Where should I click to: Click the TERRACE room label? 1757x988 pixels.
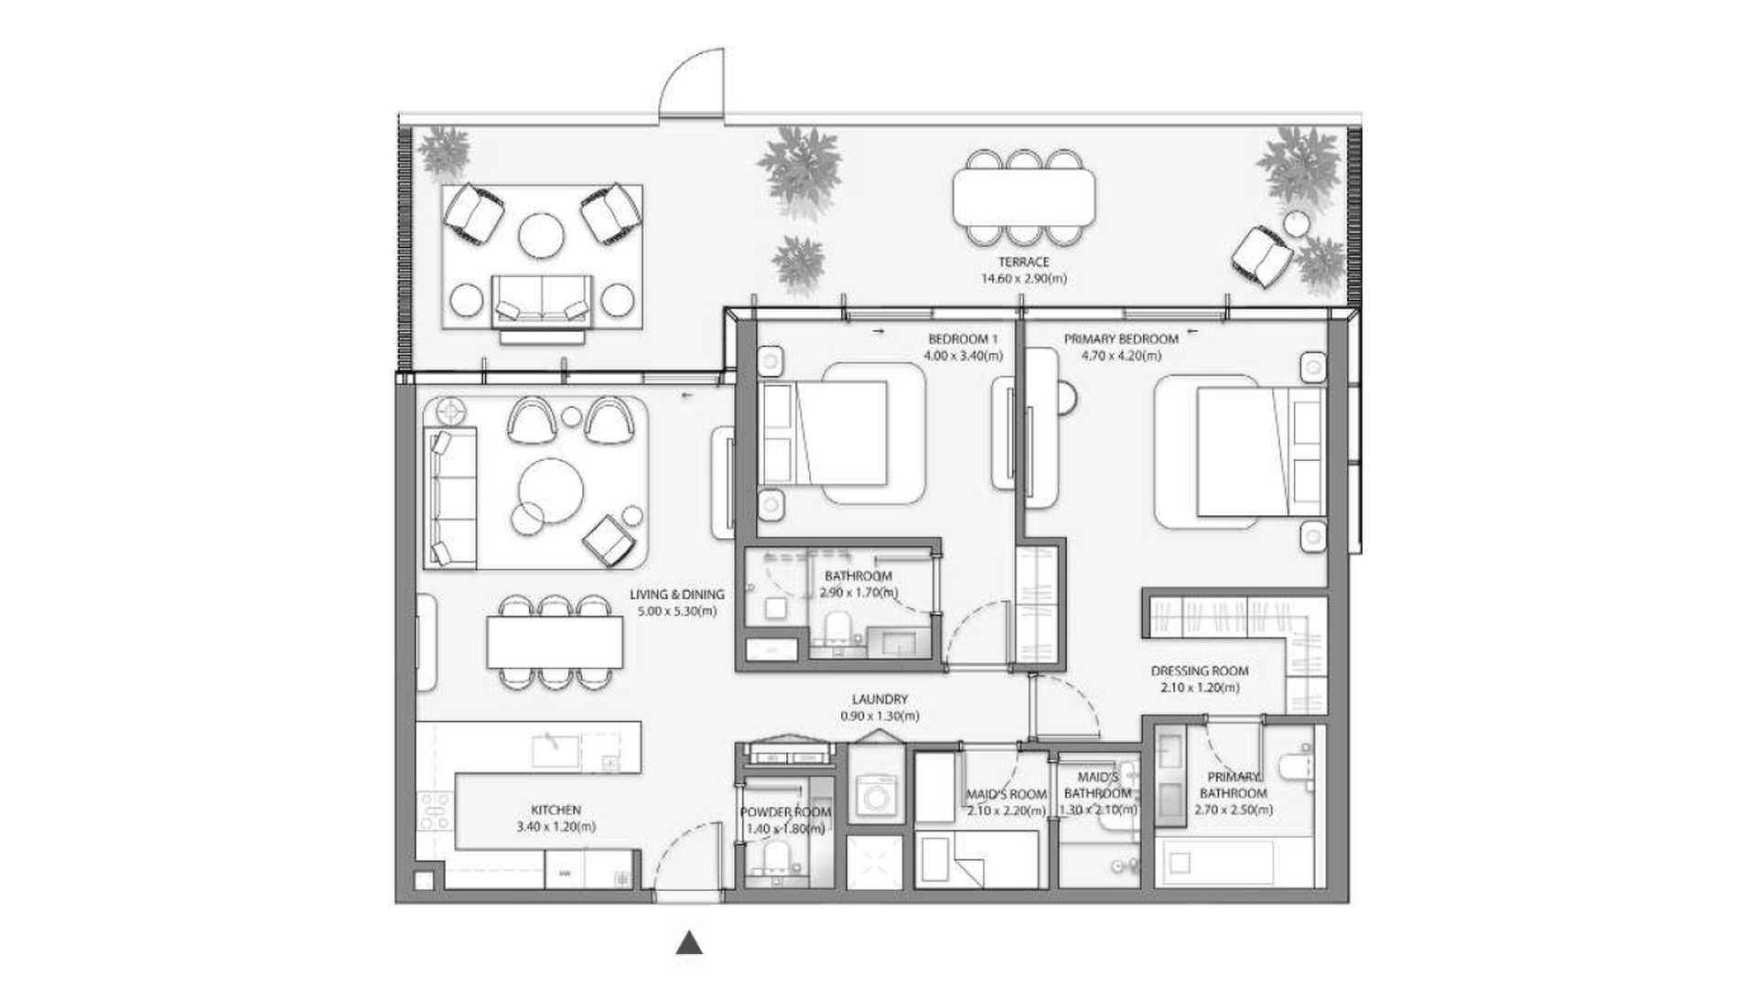[1023, 262]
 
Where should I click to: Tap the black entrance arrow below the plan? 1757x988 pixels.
[689, 943]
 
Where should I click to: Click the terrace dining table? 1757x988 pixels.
[1023, 198]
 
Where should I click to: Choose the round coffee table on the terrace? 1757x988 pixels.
[541, 235]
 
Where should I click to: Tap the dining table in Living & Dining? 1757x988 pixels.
[555, 642]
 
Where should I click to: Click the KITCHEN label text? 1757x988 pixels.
[555, 810]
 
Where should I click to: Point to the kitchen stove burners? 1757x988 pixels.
[434, 811]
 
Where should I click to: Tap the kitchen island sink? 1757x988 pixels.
[555, 750]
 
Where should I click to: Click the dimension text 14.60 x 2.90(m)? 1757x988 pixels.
[1023, 279]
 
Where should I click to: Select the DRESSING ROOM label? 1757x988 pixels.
[1199, 671]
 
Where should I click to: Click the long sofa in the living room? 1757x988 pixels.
[450, 498]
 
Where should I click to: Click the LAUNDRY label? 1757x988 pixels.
[879, 699]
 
